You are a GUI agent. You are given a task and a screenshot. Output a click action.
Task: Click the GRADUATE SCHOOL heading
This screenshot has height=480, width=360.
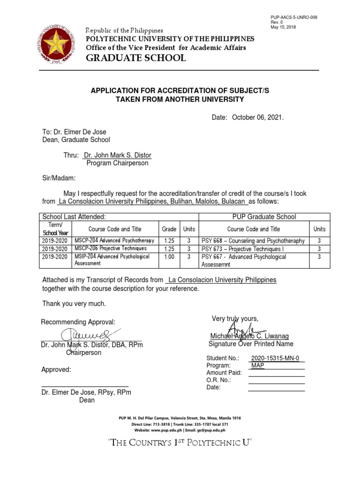[135, 58]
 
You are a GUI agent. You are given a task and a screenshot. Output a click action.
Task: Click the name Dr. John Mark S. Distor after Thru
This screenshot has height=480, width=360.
[117, 155]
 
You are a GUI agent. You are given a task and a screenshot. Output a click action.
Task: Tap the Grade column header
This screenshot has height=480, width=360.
[169, 229]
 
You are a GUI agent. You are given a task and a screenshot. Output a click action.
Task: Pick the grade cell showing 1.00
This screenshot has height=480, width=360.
[169, 257]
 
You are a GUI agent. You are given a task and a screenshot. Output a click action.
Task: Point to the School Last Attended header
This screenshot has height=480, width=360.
[74, 217]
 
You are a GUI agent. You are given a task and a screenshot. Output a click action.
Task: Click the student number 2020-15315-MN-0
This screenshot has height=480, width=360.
[278, 359]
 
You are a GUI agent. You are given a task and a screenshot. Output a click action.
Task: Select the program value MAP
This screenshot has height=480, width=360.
[257, 366]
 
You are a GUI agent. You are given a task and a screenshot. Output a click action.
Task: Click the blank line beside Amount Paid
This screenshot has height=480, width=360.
[276, 373]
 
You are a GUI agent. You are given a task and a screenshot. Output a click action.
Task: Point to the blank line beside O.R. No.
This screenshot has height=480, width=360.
[276, 380]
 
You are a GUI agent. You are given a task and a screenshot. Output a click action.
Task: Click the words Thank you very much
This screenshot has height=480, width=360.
[74, 304]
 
